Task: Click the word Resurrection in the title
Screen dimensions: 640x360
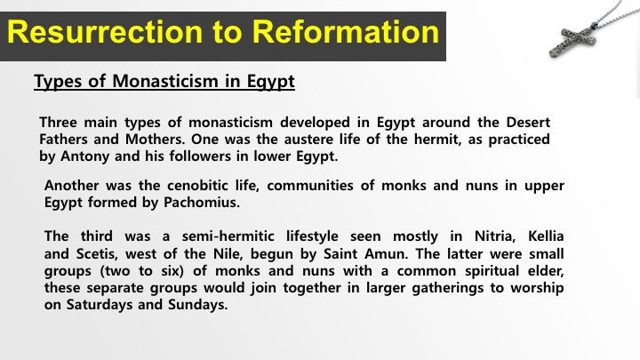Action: tap(105, 32)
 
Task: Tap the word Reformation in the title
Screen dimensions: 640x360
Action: tap(345, 32)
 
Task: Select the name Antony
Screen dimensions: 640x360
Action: tap(85, 156)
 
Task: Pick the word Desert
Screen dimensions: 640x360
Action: tap(528, 122)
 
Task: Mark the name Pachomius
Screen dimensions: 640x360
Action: tap(202, 203)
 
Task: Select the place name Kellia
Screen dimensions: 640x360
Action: tap(546, 236)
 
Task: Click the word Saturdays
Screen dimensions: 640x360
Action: tap(100, 305)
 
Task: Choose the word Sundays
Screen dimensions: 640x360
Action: tap(198, 305)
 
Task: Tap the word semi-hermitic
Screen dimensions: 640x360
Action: tap(228, 236)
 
